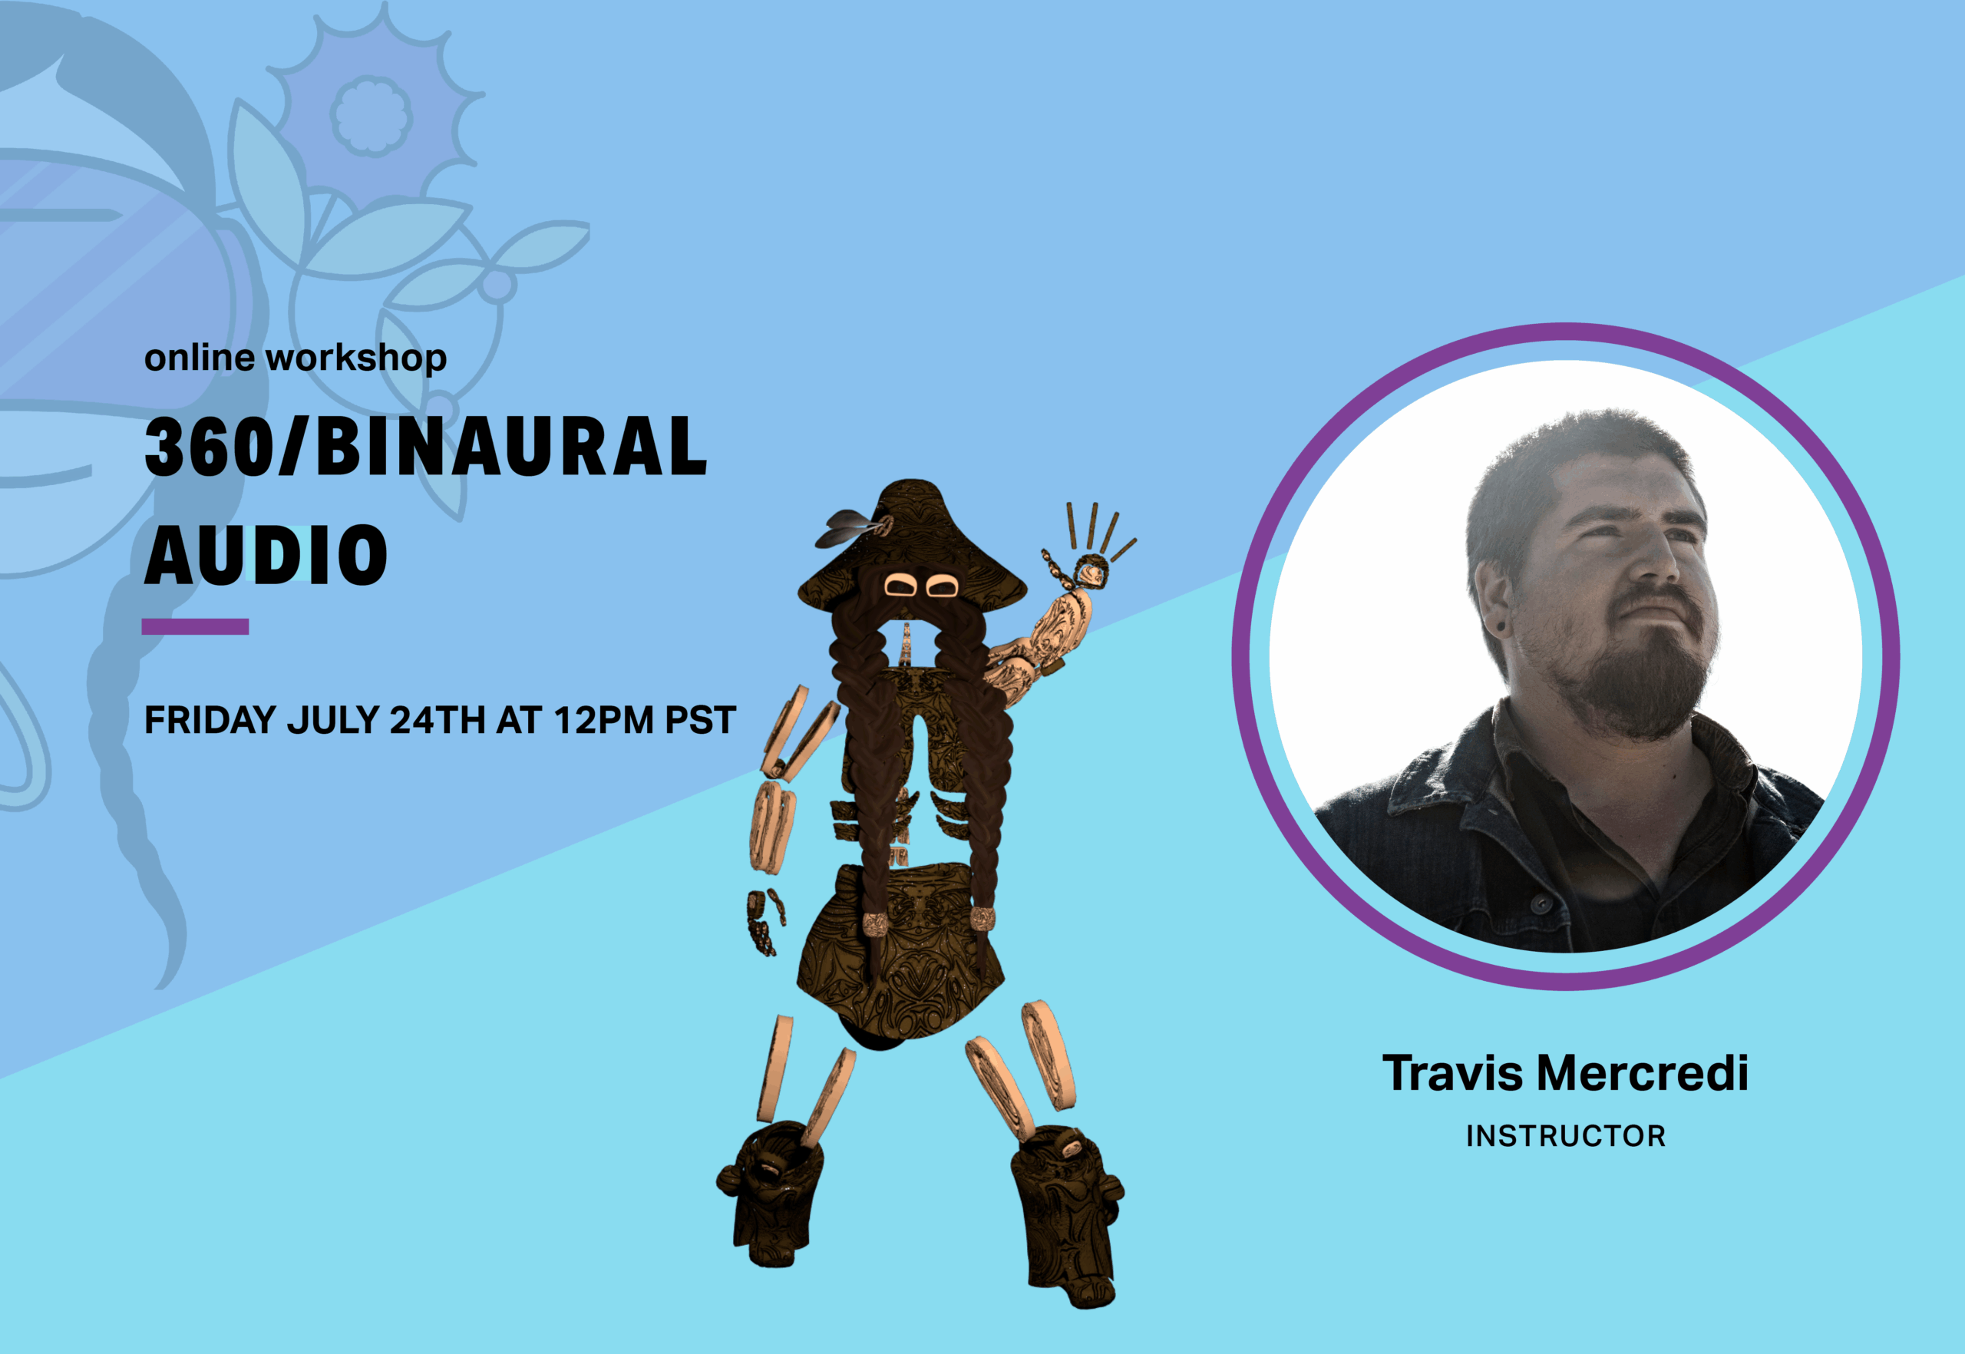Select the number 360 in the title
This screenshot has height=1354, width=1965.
tap(210, 446)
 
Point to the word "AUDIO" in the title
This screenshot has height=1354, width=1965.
tap(266, 555)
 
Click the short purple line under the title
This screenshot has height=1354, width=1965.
tap(195, 627)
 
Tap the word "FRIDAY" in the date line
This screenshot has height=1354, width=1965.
tap(210, 720)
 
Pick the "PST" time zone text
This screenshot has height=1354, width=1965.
tap(700, 720)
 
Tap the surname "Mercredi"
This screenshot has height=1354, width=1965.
tap(1643, 1073)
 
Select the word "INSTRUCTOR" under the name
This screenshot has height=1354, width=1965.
tap(1566, 1136)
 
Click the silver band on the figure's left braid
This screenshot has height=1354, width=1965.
tap(875, 924)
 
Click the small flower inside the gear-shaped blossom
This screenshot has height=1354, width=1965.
tap(372, 115)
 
